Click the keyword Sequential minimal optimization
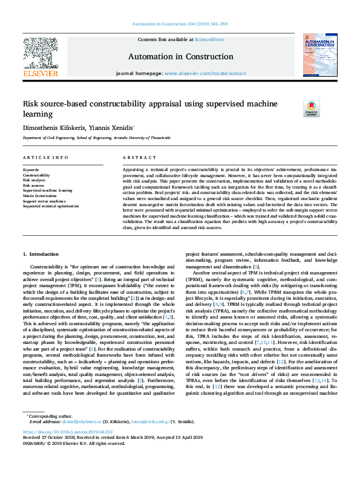(x=51, y=206)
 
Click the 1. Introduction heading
(x=41, y=254)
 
